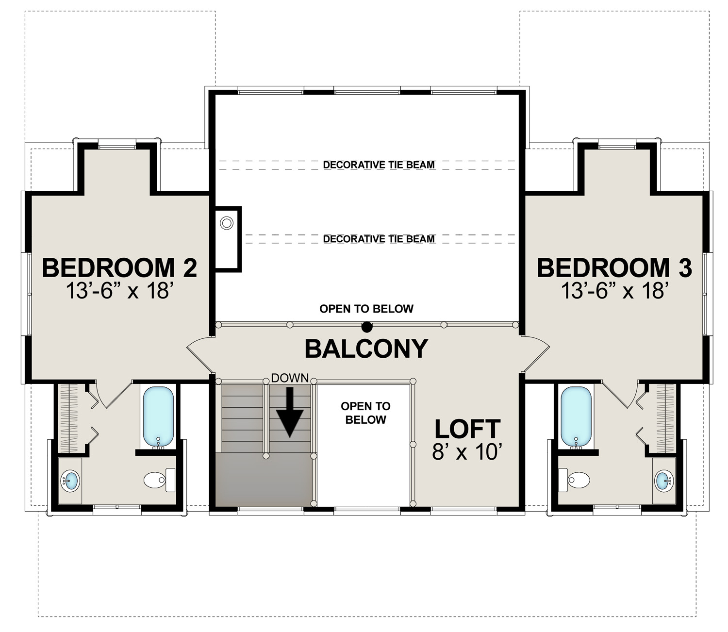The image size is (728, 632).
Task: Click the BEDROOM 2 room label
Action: (x=119, y=268)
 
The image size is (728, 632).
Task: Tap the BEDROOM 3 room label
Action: (x=614, y=268)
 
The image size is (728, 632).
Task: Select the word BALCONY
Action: (x=366, y=349)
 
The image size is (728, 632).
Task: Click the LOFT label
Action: (x=467, y=429)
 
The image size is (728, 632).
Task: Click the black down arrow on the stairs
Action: (x=290, y=412)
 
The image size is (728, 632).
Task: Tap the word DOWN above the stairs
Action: (x=290, y=378)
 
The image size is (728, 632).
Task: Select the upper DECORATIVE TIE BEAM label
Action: (x=379, y=165)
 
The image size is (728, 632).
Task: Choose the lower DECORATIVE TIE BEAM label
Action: (x=379, y=239)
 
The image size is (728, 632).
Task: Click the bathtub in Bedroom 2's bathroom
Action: (x=158, y=416)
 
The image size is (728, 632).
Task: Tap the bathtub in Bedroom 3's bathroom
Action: (x=576, y=416)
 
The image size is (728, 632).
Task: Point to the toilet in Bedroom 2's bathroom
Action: (x=159, y=480)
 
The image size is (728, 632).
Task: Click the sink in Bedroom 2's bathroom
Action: (x=70, y=481)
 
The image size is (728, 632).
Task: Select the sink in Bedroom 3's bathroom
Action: (x=664, y=481)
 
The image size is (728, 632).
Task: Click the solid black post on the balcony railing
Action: (x=367, y=326)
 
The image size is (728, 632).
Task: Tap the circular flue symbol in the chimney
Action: (x=227, y=223)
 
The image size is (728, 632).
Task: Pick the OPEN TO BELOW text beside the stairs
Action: (x=365, y=413)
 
